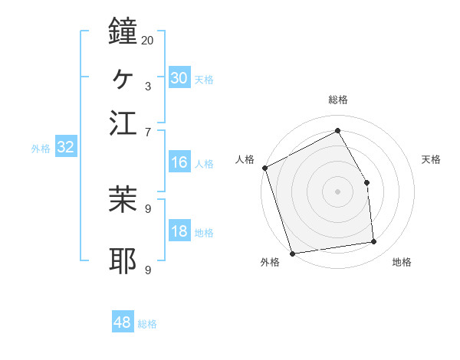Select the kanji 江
pyautogui.click(x=123, y=122)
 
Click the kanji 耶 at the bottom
pyautogui.click(x=123, y=261)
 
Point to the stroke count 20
pyautogui.click(x=147, y=39)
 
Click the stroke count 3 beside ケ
pyautogui.click(x=147, y=86)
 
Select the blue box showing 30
pyautogui.click(x=179, y=78)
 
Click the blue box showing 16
pyautogui.click(x=179, y=162)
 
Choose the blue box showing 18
pyautogui.click(x=179, y=232)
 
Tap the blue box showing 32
pyautogui.click(x=65, y=148)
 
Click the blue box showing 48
pyautogui.click(x=123, y=322)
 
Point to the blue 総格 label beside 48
pyautogui.click(x=147, y=324)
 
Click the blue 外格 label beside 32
pyautogui.click(x=41, y=149)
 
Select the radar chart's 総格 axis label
pyautogui.click(x=337, y=100)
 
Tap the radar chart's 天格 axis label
pyautogui.click(x=431, y=159)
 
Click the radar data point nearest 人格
pyautogui.click(x=265, y=168)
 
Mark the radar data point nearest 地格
pyautogui.click(x=374, y=242)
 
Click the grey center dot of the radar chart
pyautogui.click(x=337, y=191)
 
